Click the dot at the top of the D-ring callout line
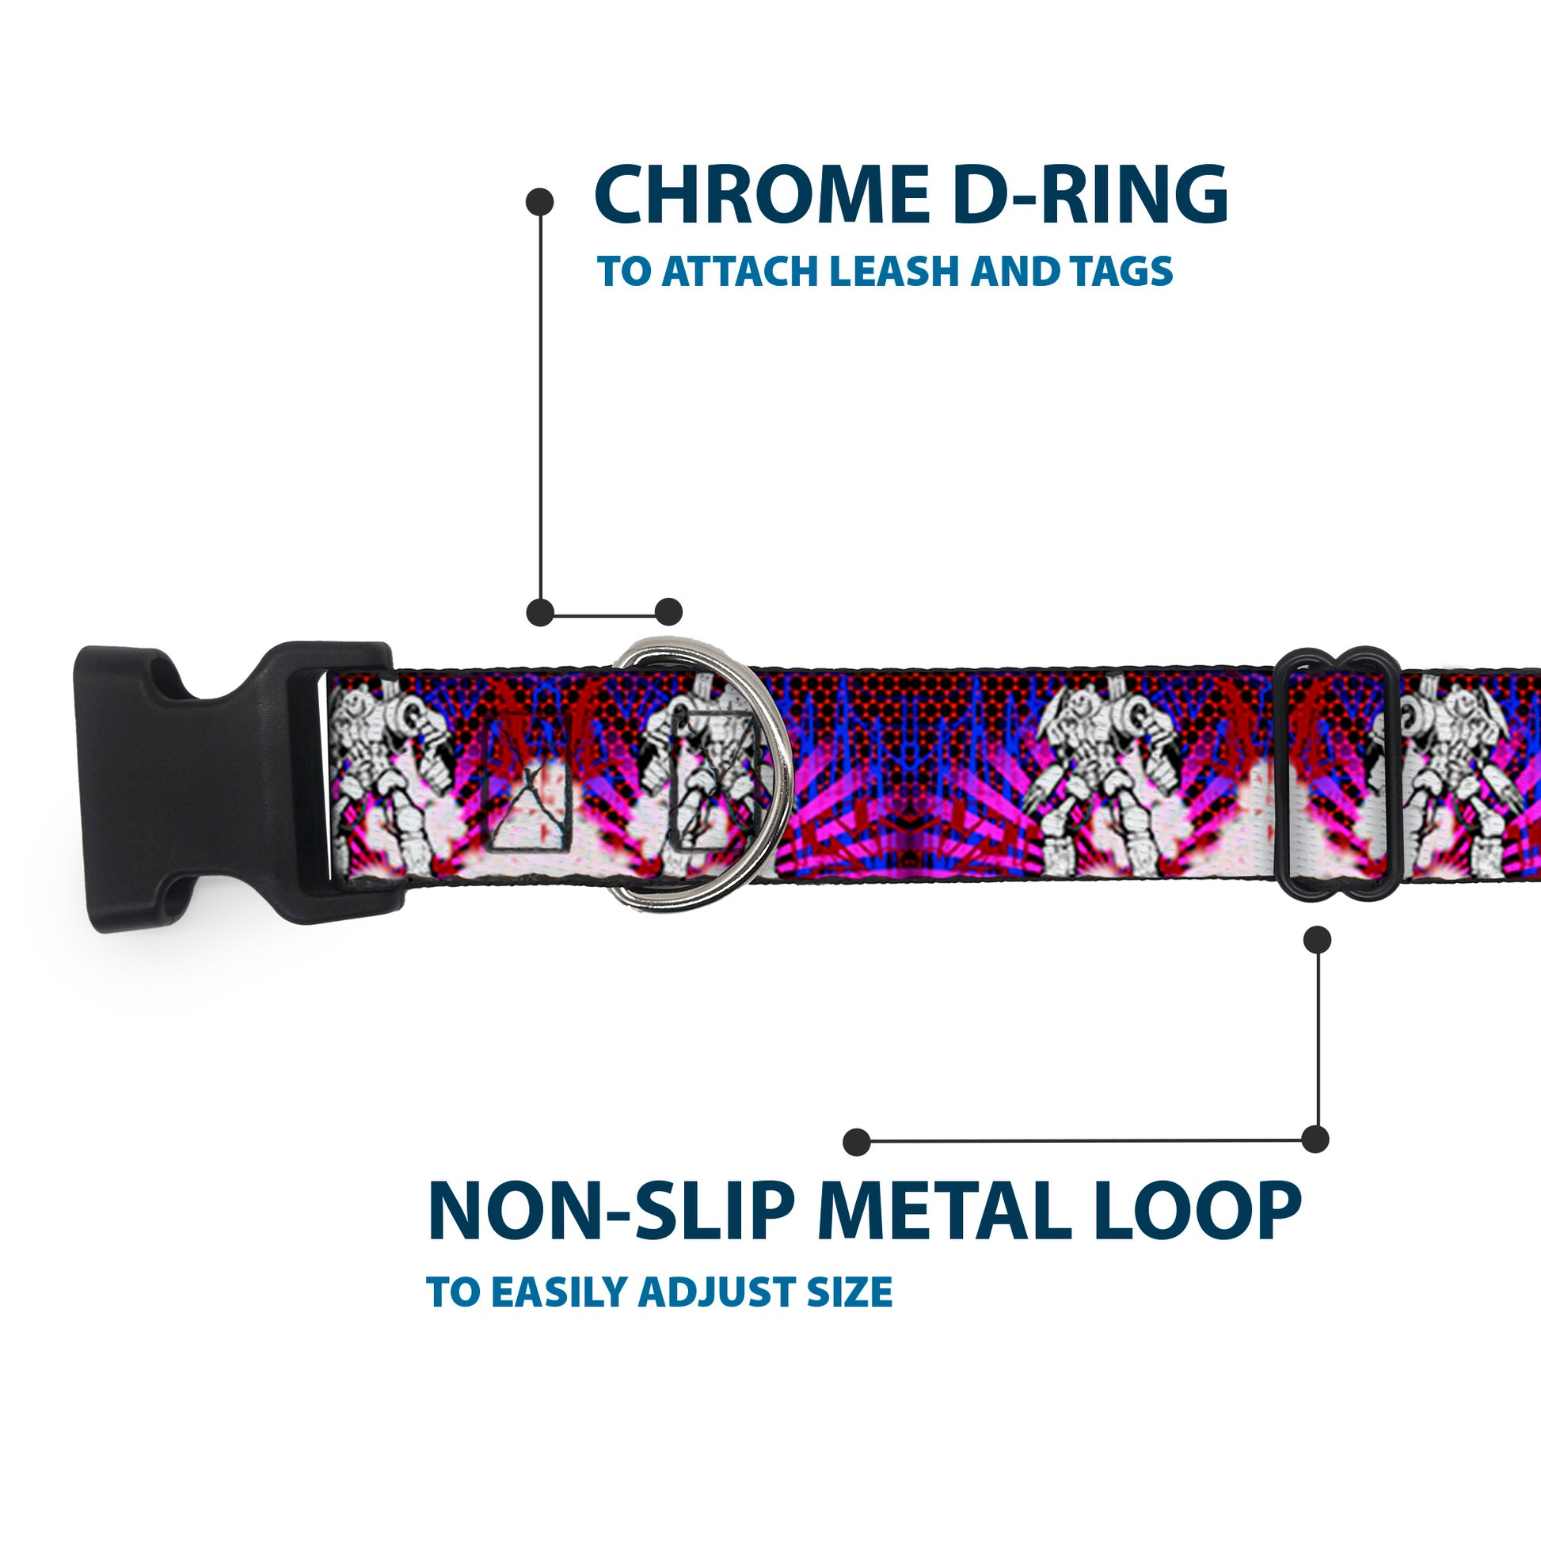pyautogui.click(x=540, y=201)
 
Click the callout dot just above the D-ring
pyautogui.click(x=668, y=612)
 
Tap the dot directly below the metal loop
pyautogui.click(x=1317, y=940)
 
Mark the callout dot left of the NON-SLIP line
pyautogui.click(x=857, y=1141)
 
